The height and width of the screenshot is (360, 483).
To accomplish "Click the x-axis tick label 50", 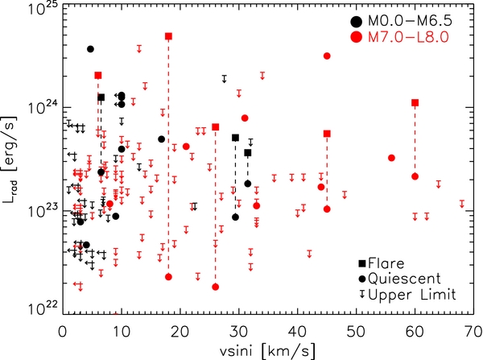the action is (x=357, y=333).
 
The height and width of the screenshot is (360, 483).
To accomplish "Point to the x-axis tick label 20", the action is (x=180, y=333).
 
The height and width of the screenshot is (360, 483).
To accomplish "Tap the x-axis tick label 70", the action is (x=473, y=333).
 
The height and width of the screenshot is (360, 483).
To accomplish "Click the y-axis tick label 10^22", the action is (x=44, y=310).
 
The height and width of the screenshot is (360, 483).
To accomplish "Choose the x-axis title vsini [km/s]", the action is (x=268, y=351).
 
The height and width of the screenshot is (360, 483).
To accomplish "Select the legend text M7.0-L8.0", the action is (x=408, y=37).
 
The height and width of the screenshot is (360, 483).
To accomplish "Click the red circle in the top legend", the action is (x=356, y=37).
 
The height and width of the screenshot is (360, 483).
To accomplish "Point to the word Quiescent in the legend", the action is (x=404, y=279).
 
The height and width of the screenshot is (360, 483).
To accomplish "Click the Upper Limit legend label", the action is (x=412, y=295).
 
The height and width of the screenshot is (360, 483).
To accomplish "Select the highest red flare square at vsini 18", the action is (x=168, y=36).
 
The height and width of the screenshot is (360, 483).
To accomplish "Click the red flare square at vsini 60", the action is (x=415, y=102).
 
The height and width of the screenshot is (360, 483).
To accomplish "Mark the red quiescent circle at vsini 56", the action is (x=391, y=158).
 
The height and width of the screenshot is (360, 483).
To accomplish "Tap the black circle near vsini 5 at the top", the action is (x=90, y=49).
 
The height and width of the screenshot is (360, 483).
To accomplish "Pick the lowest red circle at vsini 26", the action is (x=216, y=287).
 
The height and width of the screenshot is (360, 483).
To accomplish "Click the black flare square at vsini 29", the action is (x=235, y=138).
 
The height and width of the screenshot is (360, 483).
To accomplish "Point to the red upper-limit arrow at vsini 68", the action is (x=462, y=204).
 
